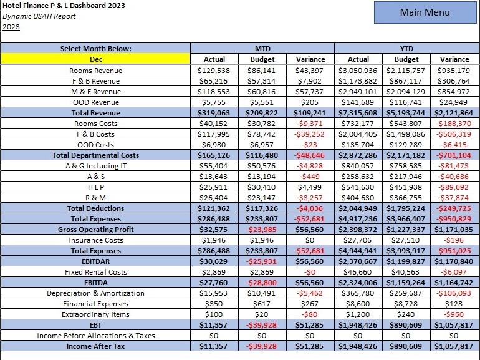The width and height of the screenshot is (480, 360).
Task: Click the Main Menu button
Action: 425,12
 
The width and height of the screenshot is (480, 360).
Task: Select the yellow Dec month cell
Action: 95,59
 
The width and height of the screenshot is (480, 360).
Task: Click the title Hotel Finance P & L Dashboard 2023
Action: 64,6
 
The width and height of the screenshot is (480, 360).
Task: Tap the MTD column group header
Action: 262,48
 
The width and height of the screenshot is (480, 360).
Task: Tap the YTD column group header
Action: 406,48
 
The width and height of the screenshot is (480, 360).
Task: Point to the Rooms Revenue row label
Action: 95,71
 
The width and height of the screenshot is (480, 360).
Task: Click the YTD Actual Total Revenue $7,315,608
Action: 358,113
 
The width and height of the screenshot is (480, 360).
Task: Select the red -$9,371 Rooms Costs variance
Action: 309,124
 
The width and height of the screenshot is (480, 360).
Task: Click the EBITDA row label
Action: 95,283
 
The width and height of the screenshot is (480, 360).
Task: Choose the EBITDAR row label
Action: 95,261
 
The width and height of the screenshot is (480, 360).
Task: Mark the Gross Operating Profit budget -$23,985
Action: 262,230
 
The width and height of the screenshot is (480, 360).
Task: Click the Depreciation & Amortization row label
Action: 95,293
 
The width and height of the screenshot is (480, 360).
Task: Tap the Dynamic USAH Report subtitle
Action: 39,16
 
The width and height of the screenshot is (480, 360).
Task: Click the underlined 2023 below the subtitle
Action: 11,26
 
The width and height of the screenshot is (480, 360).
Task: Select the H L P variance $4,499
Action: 309,187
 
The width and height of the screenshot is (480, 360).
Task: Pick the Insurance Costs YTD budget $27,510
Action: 406,240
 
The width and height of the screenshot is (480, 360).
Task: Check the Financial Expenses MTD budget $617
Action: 262,304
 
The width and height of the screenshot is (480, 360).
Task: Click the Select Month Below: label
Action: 95,48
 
